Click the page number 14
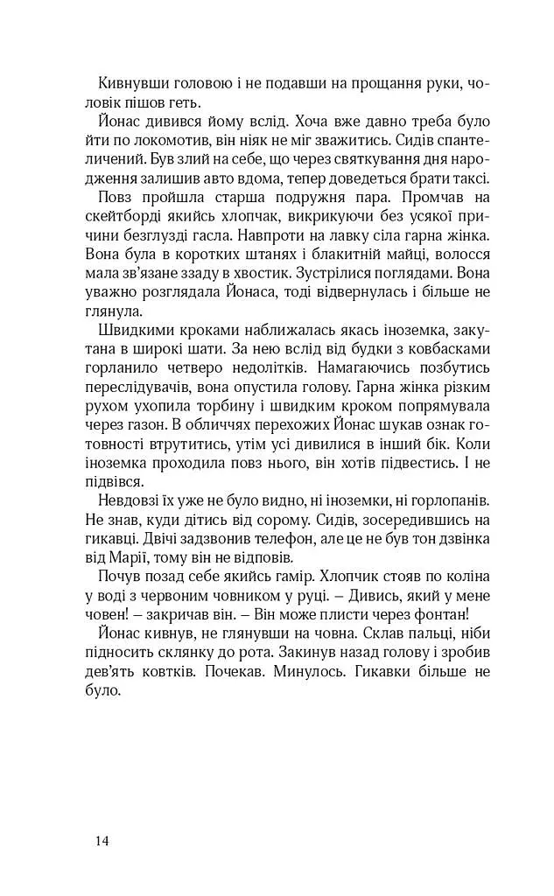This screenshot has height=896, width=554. point(102,842)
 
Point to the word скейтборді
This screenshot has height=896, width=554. point(124,216)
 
